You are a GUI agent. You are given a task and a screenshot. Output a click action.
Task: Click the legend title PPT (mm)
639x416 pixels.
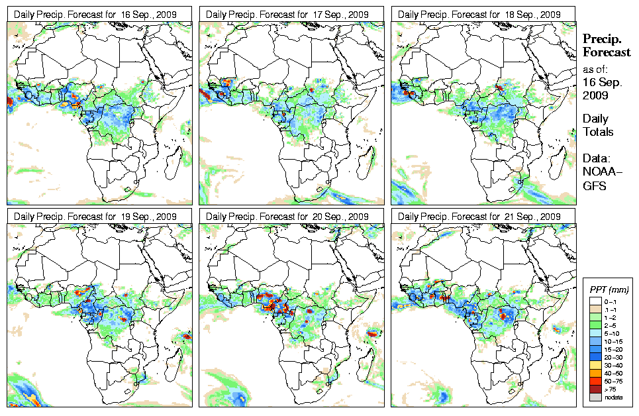click(x=609, y=289)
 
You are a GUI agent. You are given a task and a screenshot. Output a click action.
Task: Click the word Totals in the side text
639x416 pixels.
click(x=598, y=132)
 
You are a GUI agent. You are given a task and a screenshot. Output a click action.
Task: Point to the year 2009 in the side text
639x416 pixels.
click(x=595, y=95)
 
